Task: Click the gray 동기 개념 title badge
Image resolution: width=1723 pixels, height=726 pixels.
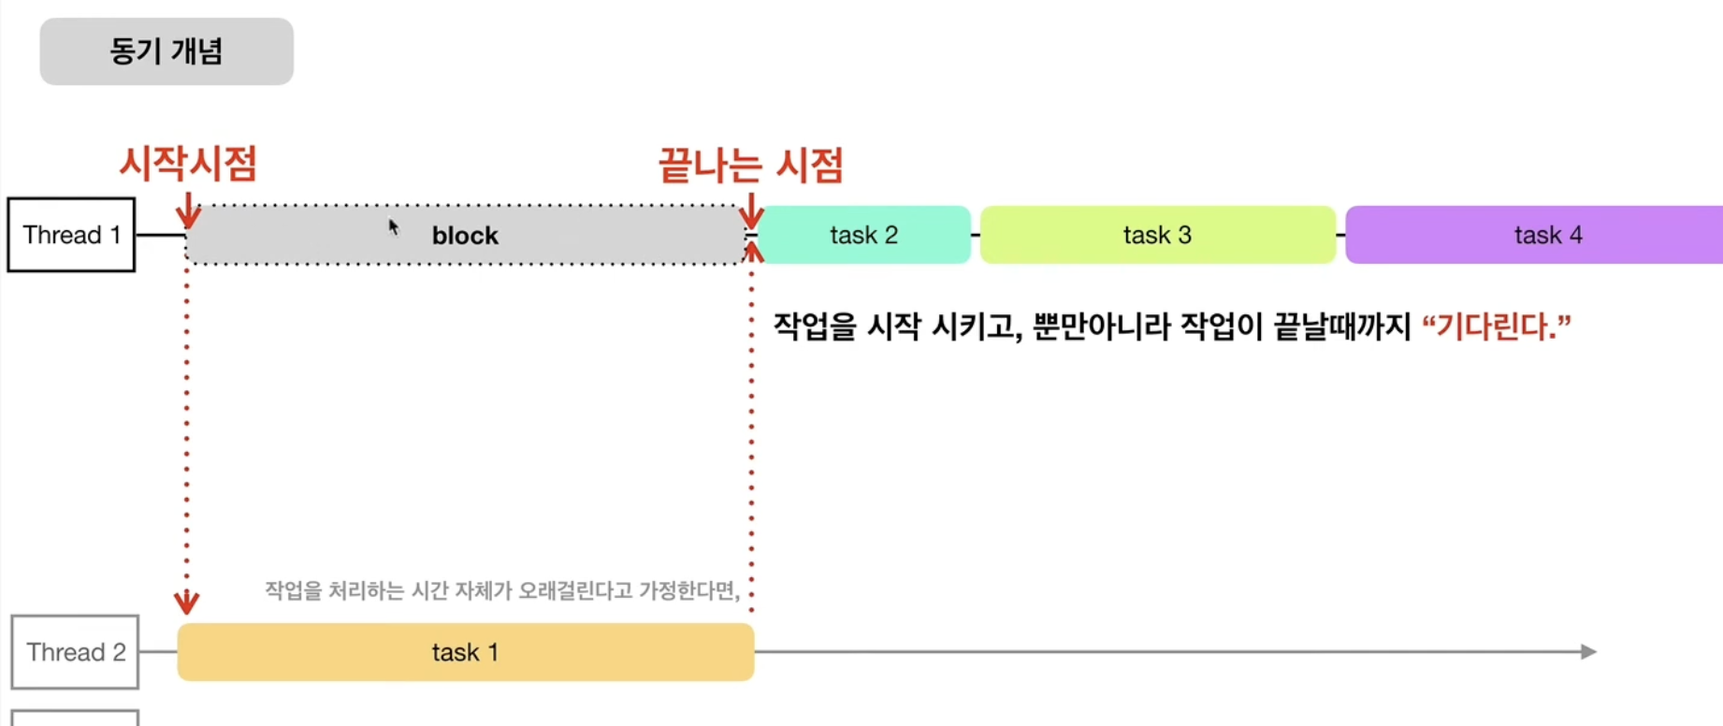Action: point(167,51)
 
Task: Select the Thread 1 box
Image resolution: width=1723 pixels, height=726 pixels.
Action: point(72,235)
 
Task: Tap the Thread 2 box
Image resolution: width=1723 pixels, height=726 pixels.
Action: point(75,652)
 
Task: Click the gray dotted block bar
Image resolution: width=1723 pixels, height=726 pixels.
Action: point(465,235)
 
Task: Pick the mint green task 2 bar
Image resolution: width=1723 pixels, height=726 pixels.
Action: point(863,235)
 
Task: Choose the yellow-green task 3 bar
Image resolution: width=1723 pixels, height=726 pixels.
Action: point(1157,235)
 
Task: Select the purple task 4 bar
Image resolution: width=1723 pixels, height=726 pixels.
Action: point(1534,235)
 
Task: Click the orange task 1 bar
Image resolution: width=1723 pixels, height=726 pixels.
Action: point(465,652)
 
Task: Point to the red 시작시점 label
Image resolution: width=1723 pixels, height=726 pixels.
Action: point(188,164)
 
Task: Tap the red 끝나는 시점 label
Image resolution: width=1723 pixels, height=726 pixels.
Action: point(751,166)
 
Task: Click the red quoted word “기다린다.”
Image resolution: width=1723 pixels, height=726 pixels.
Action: point(1496,327)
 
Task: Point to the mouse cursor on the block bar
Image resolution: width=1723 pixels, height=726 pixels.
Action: point(393,226)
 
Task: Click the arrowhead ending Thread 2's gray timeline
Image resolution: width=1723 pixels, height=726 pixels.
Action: point(1587,652)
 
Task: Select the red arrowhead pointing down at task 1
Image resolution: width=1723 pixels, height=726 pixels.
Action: point(186,602)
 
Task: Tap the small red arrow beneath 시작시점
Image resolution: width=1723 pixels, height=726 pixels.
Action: point(188,212)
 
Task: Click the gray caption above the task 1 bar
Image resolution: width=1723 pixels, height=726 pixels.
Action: point(502,590)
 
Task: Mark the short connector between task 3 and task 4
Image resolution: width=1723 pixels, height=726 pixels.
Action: point(1340,235)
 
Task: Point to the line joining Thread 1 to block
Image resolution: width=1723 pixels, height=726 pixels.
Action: point(161,235)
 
